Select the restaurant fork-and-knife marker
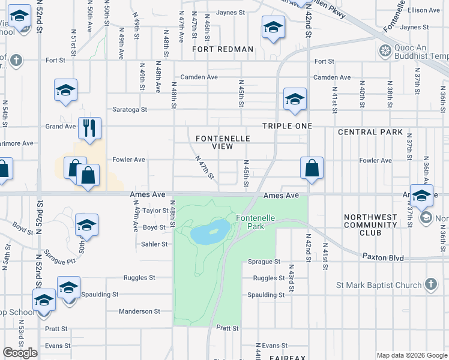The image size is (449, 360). pyautogui.click(x=89, y=128)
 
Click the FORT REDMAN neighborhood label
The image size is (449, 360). pyautogui.click(x=223, y=49)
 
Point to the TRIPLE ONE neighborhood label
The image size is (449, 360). pyautogui.click(x=287, y=126)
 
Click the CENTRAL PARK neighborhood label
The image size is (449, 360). pyautogui.click(x=370, y=132)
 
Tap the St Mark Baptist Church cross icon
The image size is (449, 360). pyautogui.click(x=430, y=284)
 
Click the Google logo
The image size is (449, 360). pyautogui.click(x=20, y=353)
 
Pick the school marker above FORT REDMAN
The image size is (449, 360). pyautogui.click(x=273, y=27)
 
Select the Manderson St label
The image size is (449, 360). pyautogui.click(x=139, y=311)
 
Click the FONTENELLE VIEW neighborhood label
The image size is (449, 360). pyautogui.click(x=223, y=142)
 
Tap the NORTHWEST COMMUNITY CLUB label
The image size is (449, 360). pyautogui.click(x=370, y=225)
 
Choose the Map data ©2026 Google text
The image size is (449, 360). pyautogui.click(x=411, y=355)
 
